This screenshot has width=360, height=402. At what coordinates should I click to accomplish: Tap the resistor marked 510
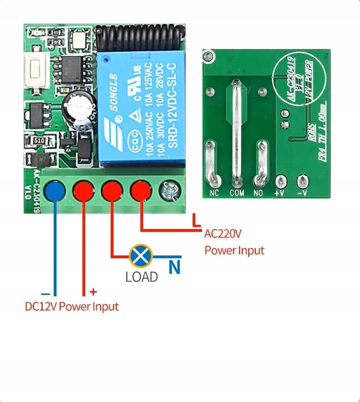pos(39,141)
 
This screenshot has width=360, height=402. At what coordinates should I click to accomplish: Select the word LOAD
pos(141,277)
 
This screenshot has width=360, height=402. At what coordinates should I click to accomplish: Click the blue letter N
pos(174,268)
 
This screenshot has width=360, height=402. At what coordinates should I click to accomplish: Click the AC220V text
pos(223,234)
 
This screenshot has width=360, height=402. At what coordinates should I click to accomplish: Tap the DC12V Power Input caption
pos(72,306)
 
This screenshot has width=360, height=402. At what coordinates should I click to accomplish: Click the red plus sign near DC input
pos(93,292)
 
